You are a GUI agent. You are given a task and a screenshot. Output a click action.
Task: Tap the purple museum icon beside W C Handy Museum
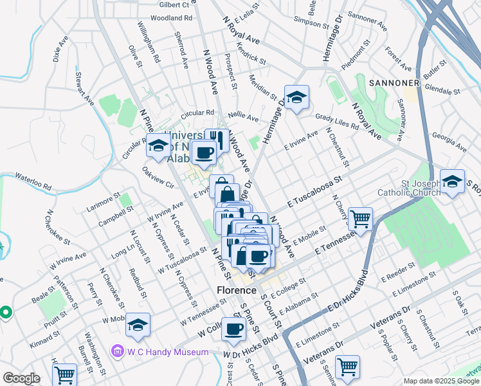(x=116, y=351)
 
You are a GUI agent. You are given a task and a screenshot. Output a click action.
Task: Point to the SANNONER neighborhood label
(x=394, y=82)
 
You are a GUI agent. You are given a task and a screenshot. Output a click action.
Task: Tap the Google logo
(x=22, y=379)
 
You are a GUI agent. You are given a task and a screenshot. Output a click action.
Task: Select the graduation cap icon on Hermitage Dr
(x=296, y=98)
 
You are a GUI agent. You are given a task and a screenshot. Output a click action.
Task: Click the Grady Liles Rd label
(x=336, y=122)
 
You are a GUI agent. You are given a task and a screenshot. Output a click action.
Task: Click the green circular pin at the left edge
(x=6, y=313)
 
